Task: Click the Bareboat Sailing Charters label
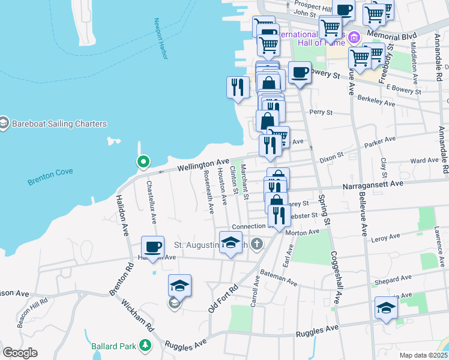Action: pos(58,124)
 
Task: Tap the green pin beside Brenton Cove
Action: pos(143,161)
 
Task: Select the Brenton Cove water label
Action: pos(50,172)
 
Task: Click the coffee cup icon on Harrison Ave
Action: pos(152,246)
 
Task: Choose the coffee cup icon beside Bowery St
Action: pos(300,73)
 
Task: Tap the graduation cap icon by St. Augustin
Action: pos(230,243)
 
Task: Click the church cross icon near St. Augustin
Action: pos(258,244)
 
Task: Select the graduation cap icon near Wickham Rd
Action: pos(179,286)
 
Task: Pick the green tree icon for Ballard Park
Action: pos(145,345)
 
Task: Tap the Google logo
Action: pos(20,353)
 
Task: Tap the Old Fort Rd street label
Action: pos(223,298)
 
